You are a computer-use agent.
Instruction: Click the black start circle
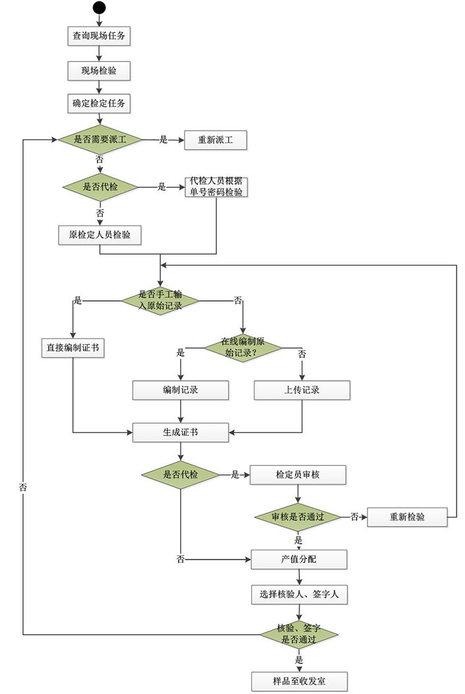point(99,8)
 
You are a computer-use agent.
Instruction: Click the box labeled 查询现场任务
point(99,37)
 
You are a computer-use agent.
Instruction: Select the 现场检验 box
point(99,71)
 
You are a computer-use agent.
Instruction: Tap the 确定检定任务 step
point(99,104)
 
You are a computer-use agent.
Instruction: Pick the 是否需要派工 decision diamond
point(100,140)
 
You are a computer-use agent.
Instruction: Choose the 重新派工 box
point(216,140)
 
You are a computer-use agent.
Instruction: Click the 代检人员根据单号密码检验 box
point(216,187)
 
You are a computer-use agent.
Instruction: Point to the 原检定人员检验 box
point(100,235)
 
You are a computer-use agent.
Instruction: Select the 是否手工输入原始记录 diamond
point(160,300)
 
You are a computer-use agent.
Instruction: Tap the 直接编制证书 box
point(73,349)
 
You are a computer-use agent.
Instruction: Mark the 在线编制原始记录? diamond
point(242,347)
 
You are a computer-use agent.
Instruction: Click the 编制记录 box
point(181,390)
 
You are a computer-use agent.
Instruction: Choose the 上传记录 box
point(302,390)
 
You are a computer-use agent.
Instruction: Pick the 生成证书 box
point(181,432)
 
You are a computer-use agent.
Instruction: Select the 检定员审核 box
point(297,475)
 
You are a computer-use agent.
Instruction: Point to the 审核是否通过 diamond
point(297,517)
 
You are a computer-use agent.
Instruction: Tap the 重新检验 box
point(406,517)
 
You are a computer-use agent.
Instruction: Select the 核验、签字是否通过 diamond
point(299,634)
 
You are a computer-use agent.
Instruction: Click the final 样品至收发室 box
point(299,681)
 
